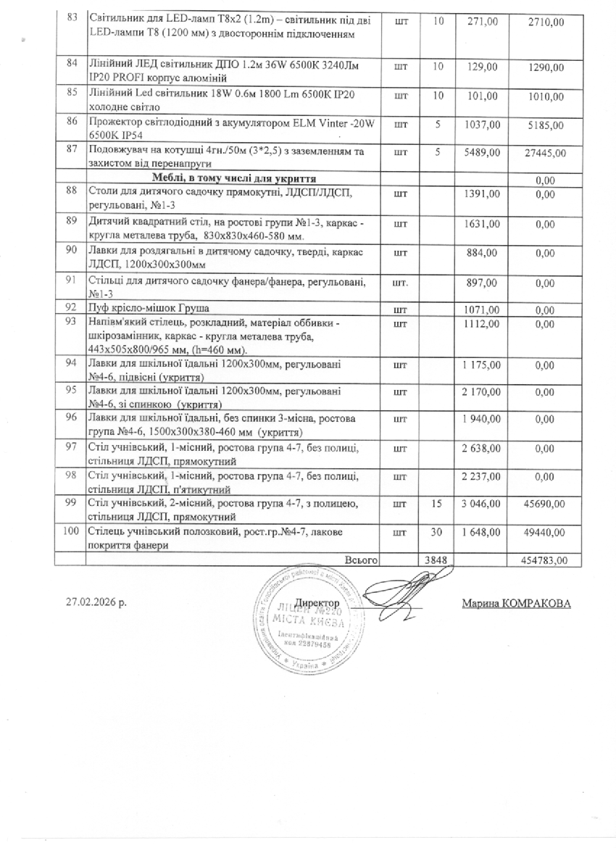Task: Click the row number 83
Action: pyautogui.click(x=71, y=17)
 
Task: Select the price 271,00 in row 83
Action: pyautogui.click(x=483, y=22)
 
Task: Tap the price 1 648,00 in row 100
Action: pyautogui.click(x=482, y=533)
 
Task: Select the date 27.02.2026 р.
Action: pyautogui.click(x=95, y=603)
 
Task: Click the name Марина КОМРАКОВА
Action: pyautogui.click(x=515, y=604)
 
